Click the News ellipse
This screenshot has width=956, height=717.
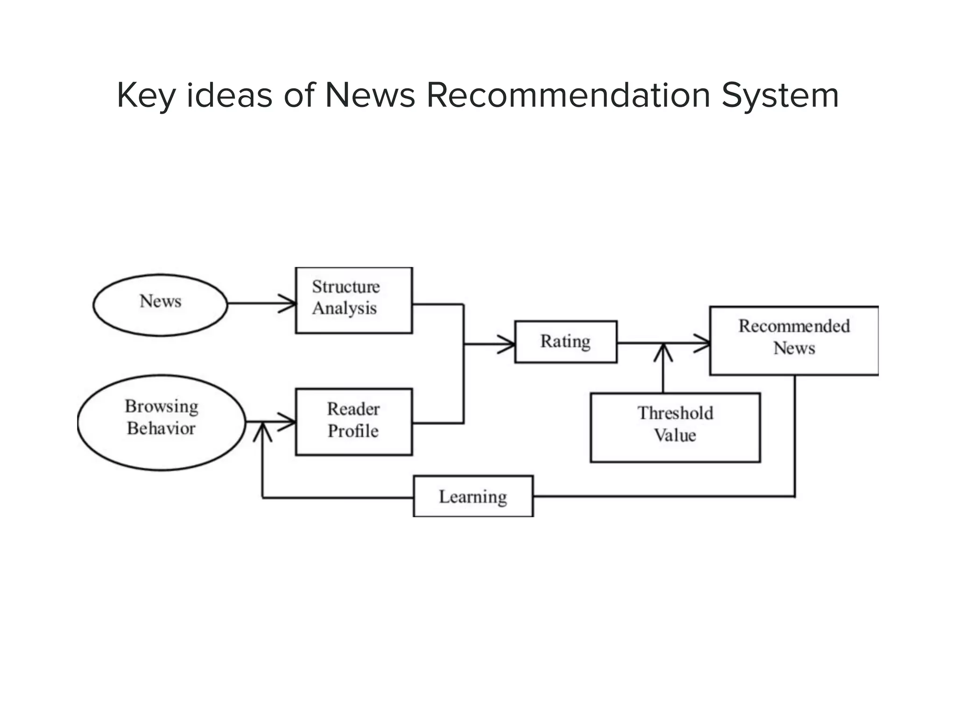pyautogui.click(x=160, y=305)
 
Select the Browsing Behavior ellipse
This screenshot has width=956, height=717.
pyautogui.click(x=161, y=422)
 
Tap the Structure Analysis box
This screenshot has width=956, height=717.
pyautogui.click(x=354, y=300)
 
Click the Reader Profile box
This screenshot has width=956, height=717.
pyautogui.click(x=354, y=422)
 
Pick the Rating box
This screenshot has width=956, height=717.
pyautogui.click(x=565, y=342)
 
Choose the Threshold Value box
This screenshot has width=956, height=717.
pyautogui.click(x=675, y=428)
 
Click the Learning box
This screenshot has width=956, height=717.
pyautogui.click(x=473, y=496)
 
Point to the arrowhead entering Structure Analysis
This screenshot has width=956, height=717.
pyautogui.click(x=288, y=304)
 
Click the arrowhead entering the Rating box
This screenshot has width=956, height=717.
pyautogui.click(x=507, y=344)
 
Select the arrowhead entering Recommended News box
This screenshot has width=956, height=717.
pyautogui.click(x=703, y=344)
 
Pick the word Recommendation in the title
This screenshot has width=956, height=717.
pyautogui.click(x=568, y=96)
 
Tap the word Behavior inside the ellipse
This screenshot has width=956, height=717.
pyautogui.click(x=161, y=429)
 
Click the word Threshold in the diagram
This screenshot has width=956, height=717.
pyautogui.click(x=675, y=413)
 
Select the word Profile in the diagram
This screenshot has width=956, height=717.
pyautogui.click(x=353, y=431)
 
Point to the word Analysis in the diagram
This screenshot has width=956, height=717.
pyautogui.click(x=344, y=309)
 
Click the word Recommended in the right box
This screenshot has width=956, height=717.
pyautogui.click(x=794, y=326)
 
